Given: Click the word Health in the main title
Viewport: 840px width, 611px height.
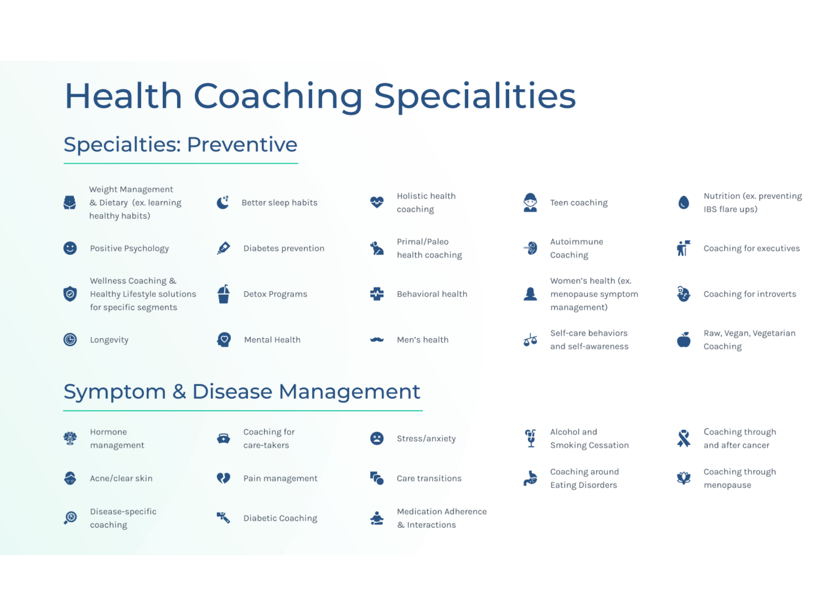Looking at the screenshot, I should pos(123,96).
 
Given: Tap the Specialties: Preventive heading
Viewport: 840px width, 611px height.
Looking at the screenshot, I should pos(180,145).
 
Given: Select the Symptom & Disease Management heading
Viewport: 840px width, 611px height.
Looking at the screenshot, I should pos(241,392).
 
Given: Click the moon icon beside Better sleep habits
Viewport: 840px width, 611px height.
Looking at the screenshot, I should pos(223,203).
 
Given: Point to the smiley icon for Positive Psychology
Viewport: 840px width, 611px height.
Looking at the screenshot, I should pos(70,248).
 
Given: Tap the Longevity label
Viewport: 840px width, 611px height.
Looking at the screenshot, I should pos(109,340).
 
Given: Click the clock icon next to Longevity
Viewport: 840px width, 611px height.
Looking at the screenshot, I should pos(70,340).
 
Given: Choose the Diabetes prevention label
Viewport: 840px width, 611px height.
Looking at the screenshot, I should pos(284,248).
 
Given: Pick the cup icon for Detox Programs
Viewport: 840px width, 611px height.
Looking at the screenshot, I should pos(224,294).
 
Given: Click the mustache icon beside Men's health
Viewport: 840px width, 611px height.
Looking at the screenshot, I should pos(377,340).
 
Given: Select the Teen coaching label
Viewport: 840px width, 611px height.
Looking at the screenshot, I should pos(579,203).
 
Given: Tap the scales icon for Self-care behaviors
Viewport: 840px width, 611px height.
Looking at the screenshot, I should pos(530,340).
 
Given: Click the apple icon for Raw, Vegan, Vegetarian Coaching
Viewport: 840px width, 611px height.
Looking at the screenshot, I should pos(684,340).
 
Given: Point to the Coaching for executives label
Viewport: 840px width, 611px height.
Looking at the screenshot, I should pos(751,248).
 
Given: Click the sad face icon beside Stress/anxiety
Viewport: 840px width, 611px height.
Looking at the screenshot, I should pos(377,438).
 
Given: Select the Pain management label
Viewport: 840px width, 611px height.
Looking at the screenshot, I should pos(280,478).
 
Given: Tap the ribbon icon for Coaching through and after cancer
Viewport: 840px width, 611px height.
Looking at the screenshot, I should pos(684,438).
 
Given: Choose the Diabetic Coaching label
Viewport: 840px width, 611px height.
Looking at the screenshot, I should pos(280,518).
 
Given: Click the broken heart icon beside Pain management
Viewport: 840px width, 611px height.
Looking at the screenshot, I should pos(223,478).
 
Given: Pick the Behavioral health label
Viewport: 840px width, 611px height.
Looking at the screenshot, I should pos(432,294).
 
